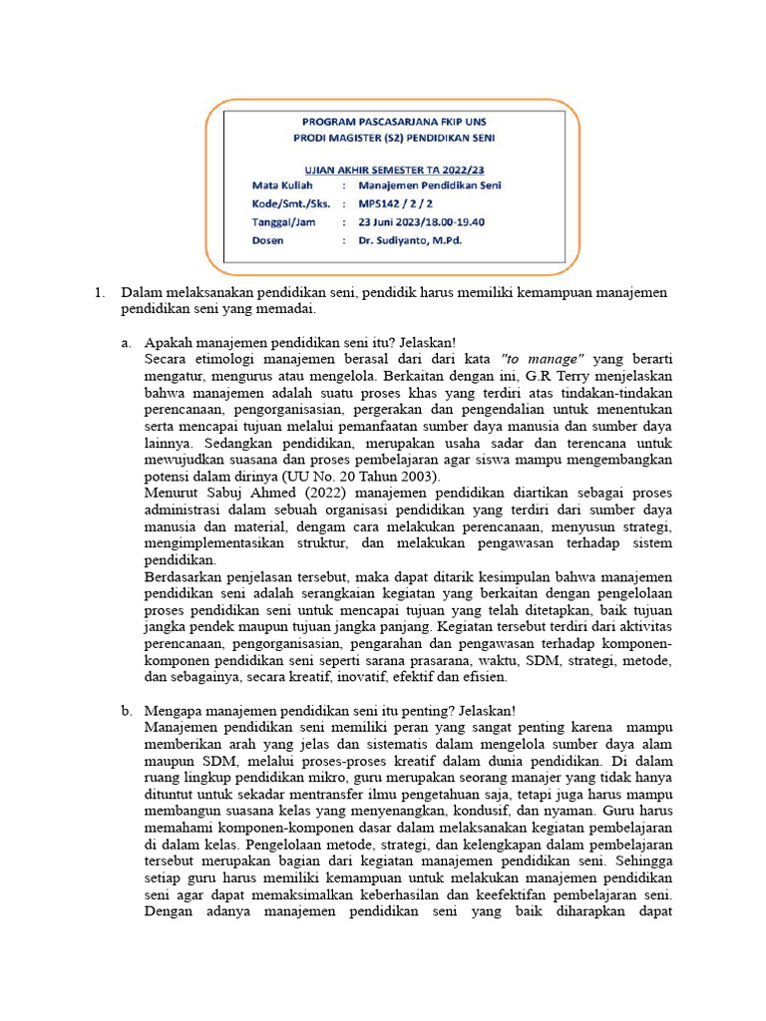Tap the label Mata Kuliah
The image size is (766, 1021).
[283, 185]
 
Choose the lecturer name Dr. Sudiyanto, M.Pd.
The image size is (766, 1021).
[410, 240]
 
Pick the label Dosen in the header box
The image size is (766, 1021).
[268, 240]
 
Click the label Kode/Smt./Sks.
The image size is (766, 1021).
[291, 203]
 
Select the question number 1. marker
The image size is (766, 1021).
[99, 293]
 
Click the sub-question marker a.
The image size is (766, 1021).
[127, 342]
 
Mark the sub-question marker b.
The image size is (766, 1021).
[127, 711]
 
